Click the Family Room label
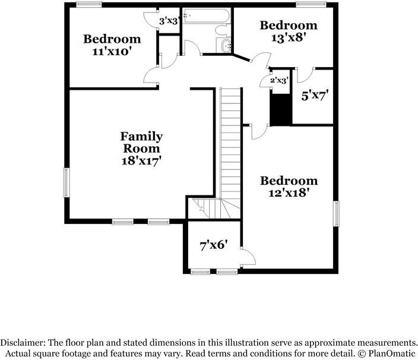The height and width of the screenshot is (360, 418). [x=141, y=143]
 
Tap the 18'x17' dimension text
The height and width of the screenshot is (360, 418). [x=141, y=161]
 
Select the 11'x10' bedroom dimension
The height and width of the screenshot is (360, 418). [x=112, y=52]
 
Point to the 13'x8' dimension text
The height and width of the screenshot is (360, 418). [x=288, y=37]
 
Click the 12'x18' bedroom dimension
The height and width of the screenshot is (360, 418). [x=289, y=193]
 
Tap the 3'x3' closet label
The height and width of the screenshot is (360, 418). [x=169, y=21]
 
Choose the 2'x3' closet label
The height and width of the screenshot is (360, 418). [x=279, y=80]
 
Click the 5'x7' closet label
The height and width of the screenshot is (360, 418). [x=315, y=96]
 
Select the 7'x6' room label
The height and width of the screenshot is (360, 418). [x=214, y=245]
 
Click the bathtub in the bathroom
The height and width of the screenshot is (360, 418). [x=207, y=15]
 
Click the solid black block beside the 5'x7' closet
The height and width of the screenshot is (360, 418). [x=281, y=109]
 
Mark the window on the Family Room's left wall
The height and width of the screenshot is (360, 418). [x=66, y=182]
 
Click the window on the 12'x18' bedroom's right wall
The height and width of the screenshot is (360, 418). [x=337, y=214]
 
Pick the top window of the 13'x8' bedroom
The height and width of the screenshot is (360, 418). [x=311, y=4]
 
